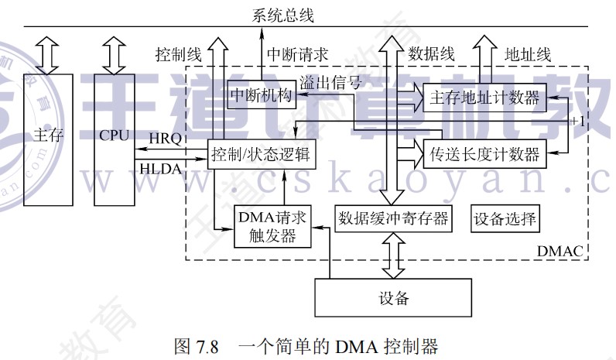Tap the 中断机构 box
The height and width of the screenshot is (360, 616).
[261, 94]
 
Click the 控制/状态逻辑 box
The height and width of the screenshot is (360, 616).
[262, 153]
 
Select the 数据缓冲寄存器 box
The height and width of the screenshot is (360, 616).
[392, 218]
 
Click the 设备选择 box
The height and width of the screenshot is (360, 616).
[505, 218]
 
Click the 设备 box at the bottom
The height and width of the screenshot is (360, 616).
[393, 298]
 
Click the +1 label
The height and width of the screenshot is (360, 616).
[577, 122]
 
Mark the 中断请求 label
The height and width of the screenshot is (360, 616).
[298, 54]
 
